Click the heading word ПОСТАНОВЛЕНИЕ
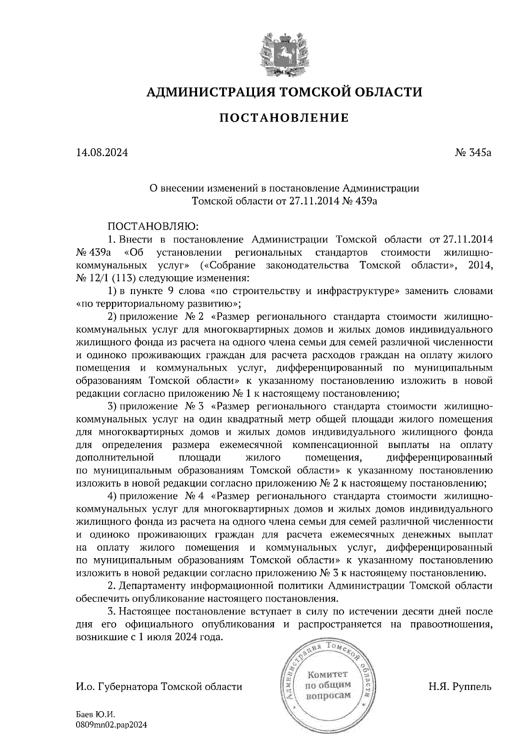[x=284, y=118]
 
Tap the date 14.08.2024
[x=102, y=153]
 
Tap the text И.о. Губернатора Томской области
[x=159, y=686]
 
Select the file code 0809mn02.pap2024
[x=111, y=725]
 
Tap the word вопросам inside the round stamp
[x=328, y=695]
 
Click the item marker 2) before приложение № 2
[x=112, y=317]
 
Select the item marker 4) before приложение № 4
[x=112, y=495]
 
